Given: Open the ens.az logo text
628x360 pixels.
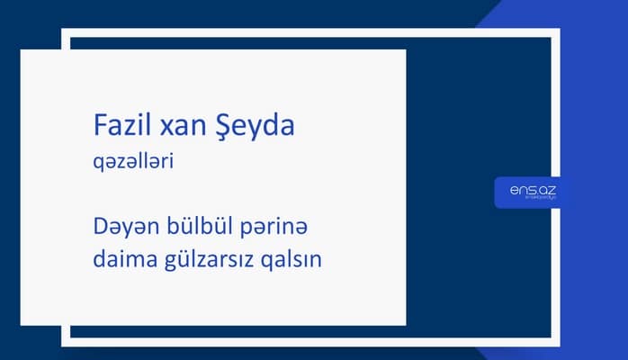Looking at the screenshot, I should point(526,191).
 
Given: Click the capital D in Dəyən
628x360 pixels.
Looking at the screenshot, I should point(100,222).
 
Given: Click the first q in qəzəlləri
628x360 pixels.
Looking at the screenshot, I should point(98,166).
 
